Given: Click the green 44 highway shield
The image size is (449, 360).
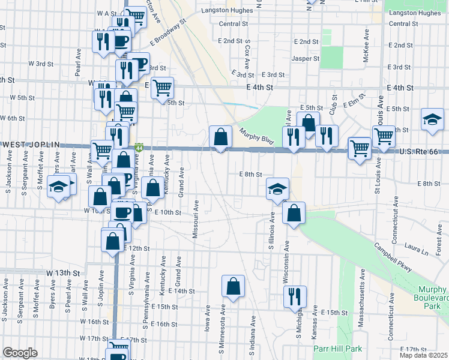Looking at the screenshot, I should [x=139, y=147].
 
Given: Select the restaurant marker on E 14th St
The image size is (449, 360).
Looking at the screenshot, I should [x=295, y=296].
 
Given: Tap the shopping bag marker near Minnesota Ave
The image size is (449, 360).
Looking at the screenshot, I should [x=233, y=286].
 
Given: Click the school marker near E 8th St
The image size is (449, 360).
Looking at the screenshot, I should [x=277, y=188].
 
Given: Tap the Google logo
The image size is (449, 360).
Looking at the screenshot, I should [x=20, y=353].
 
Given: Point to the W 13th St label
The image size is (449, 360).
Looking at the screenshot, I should [x=63, y=272].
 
